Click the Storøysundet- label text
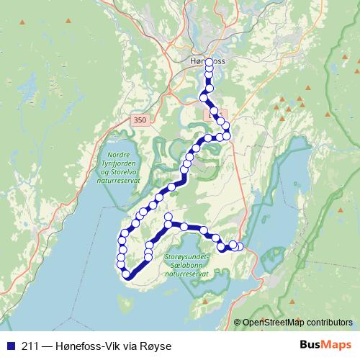[x=186, y=256]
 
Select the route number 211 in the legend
[x=31, y=346]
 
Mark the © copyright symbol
[x=237, y=323]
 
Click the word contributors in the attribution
[x=328, y=323]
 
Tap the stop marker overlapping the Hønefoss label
[x=209, y=63]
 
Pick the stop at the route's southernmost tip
[x=127, y=273]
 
